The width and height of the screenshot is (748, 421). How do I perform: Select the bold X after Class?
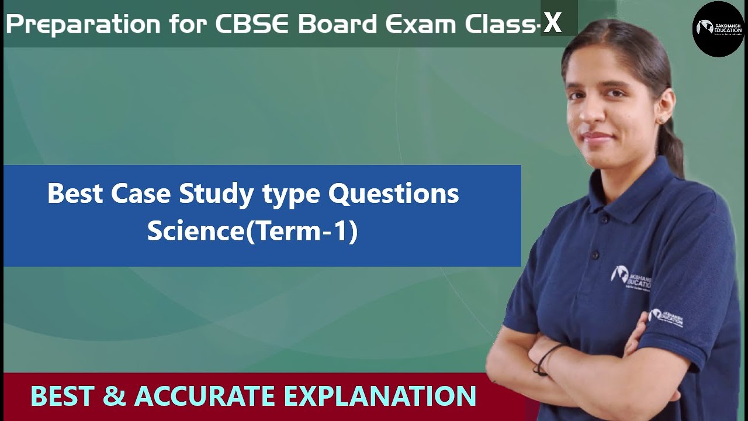tap(552, 23)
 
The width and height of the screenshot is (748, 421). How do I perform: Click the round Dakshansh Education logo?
tap(718, 29)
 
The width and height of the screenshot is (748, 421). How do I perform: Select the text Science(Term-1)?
tap(252, 231)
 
